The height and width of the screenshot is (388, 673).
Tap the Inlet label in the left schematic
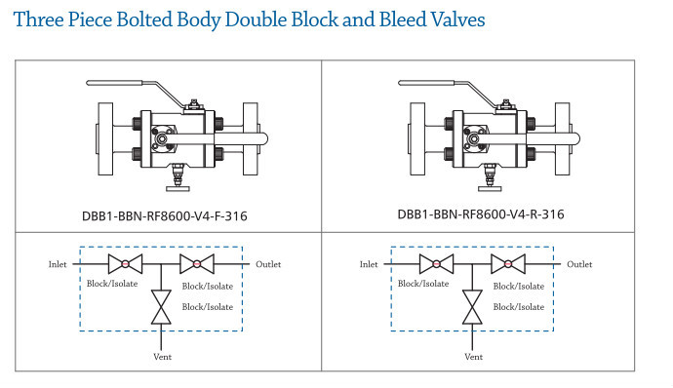point(58,264)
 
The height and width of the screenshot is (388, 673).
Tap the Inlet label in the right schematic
point(369,264)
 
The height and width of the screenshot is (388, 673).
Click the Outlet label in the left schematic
point(268,264)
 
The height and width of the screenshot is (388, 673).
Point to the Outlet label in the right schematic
point(579,264)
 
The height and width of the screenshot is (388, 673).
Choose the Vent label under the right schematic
point(473,357)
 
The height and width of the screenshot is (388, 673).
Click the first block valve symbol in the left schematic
point(125,264)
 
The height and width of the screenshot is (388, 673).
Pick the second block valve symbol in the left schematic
point(196,264)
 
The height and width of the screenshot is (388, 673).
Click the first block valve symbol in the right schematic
point(436,264)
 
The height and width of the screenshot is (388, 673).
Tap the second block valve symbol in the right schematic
point(507,264)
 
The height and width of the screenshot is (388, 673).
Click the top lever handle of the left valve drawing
point(127,86)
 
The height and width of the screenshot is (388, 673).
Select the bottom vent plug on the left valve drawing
point(178,178)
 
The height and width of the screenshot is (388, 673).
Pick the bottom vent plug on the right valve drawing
point(490,178)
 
